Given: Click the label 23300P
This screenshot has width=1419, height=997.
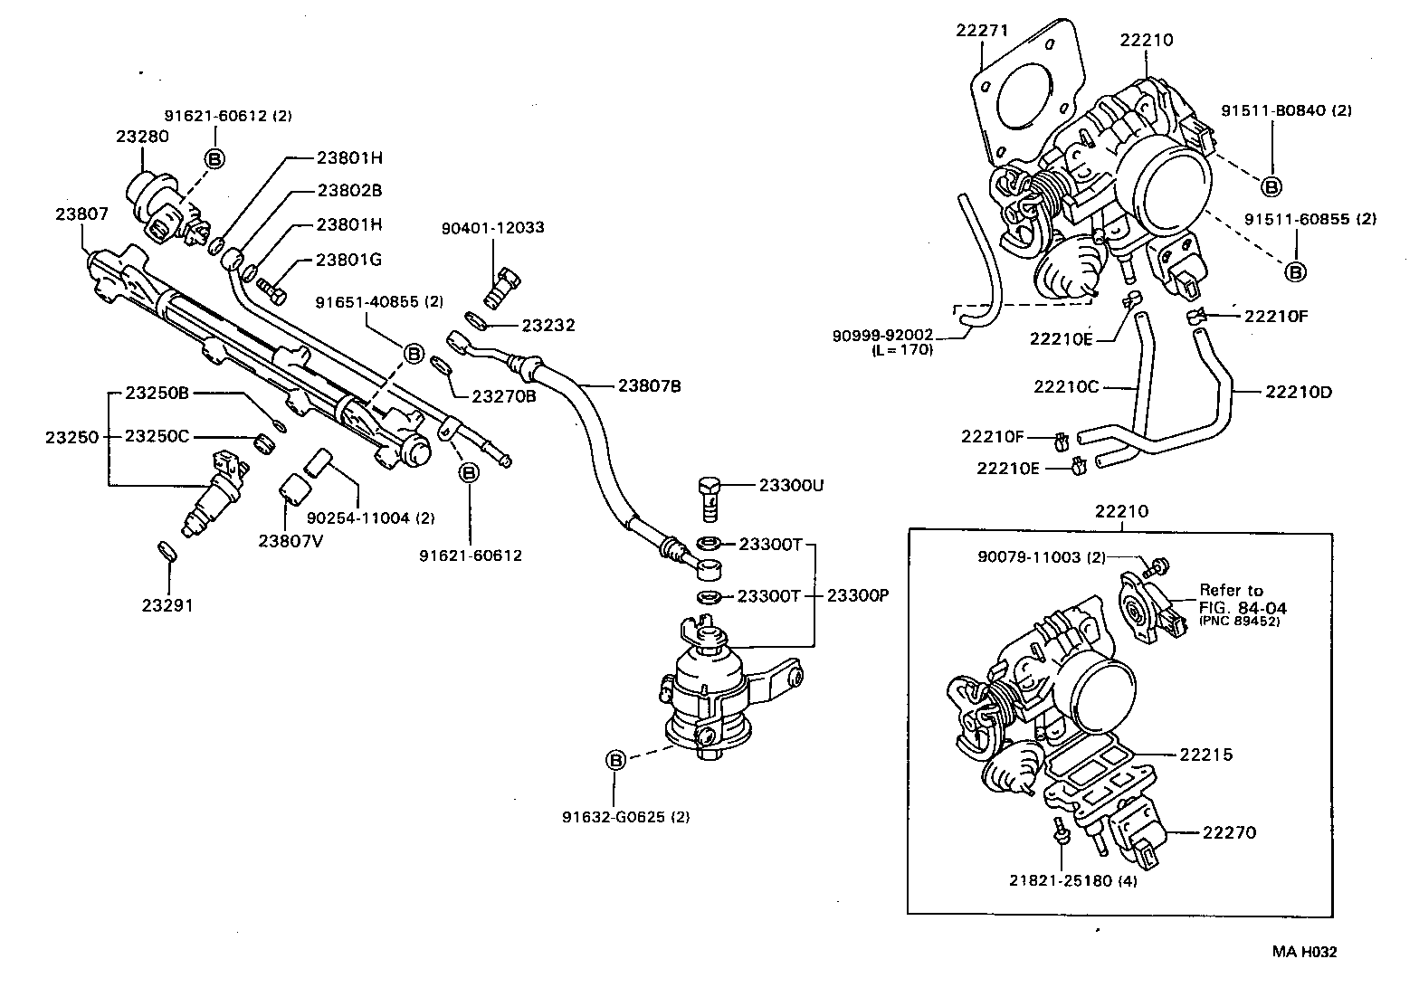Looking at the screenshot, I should coord(859,595).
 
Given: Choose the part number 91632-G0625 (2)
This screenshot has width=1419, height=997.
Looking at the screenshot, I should coord(626,816).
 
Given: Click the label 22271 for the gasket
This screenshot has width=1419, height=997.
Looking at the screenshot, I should coord(982,30).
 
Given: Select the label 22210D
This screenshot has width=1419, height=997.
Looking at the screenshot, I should coord(1299,392).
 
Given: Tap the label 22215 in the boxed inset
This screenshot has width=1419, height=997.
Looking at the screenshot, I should coord(1205,755).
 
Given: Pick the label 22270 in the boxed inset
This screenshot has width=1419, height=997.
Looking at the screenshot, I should coord(1229,832).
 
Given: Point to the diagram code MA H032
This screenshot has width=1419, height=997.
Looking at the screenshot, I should coord(1304,951).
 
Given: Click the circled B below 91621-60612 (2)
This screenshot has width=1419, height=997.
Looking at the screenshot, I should coord(214,158).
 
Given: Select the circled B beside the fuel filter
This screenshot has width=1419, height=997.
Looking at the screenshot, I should coord(615,760).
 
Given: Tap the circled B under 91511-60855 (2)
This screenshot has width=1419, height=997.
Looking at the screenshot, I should coord(1295,271).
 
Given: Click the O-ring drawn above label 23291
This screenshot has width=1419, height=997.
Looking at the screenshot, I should coord(167,551).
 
